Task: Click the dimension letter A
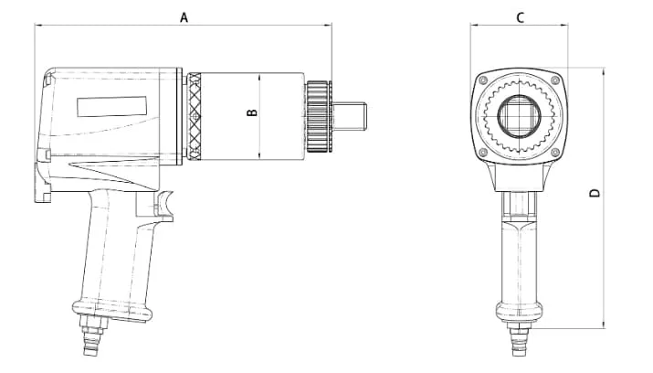[x=184, y=16]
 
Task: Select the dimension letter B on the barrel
[x=252, y=113]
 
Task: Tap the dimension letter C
[x=520, y=16]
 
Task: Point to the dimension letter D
[x=595, y=193]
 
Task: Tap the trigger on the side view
[x=167, y=203]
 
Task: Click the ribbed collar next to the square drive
[x=318, y=116]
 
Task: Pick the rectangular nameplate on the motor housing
[x=112, y=107]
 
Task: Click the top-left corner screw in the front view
[x=481, y=79]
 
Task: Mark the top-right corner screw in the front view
[x=557, y=79]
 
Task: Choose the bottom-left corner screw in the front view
[x=481, y=153]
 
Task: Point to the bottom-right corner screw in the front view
[x=557, y=153]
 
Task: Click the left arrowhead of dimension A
[x=38, y=27]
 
